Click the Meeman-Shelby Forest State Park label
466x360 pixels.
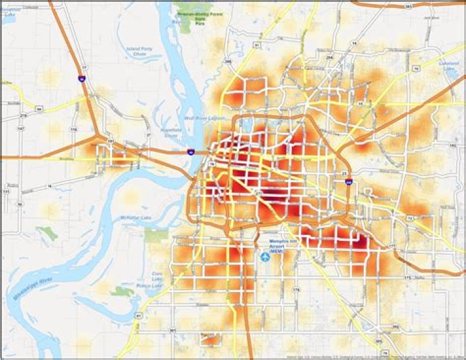(x=198, y=11)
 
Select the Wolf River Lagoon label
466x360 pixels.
(x=200, y=118)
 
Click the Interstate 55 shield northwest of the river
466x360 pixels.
(x=80, y=78)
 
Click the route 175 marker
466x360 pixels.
(x=407, y=277)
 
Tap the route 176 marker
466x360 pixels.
(x=296, y=289)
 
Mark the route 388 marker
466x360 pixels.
(x=227, y=62)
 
